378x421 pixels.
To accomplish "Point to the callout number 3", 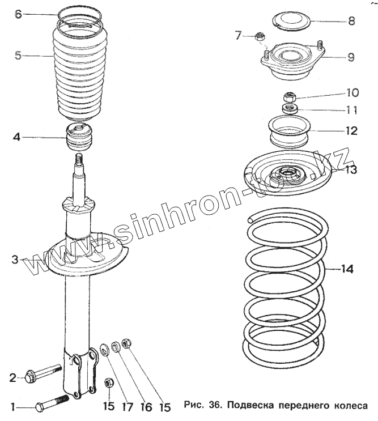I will pyautogui.click(x=15, y=260).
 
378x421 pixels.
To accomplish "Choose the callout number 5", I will pyautogui.click(x=18, y=56).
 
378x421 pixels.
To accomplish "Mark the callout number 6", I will pyautogui.click(x=18, y=14).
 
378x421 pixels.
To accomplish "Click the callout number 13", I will pyautogui.click(x=351, y=169).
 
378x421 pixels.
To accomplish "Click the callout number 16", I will pyautogui.click(x=146, y=406).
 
